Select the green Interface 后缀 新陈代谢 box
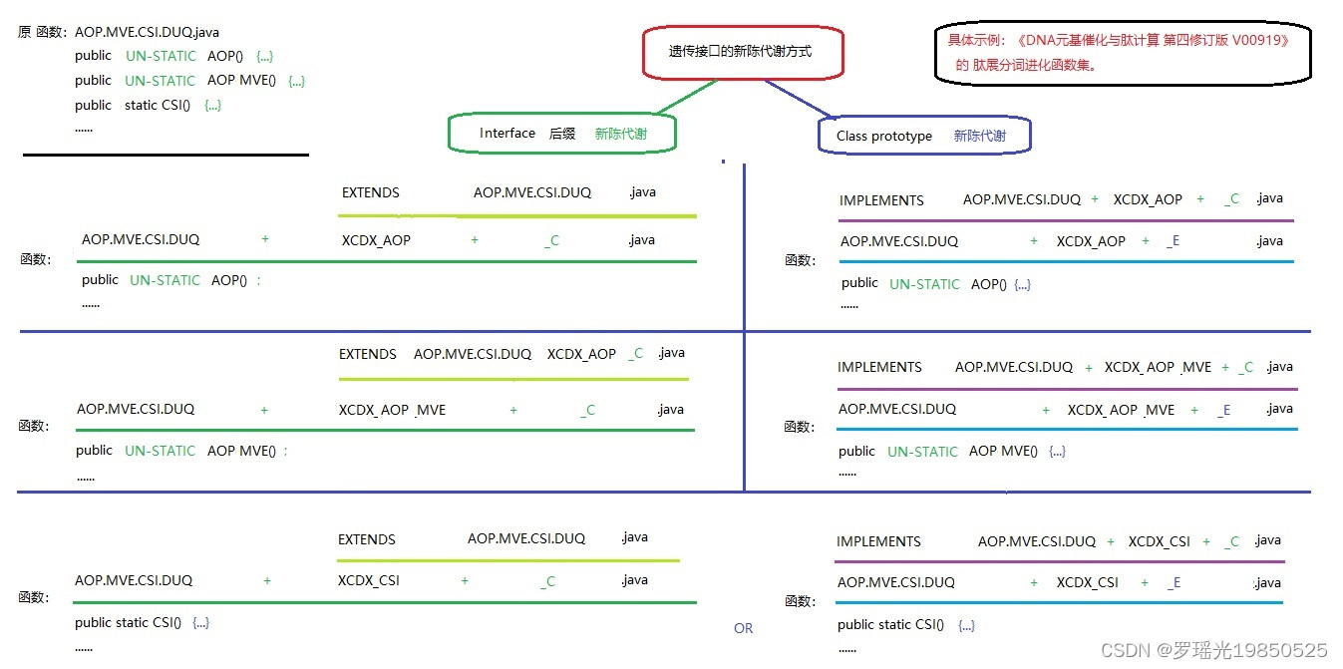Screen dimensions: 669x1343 click(x=562, y=134)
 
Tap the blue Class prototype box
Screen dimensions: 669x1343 click(x=923, y=136)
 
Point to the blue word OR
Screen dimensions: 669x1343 click(x=743, y=628)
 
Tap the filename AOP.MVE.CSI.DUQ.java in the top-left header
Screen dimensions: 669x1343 click(x=147, y=32)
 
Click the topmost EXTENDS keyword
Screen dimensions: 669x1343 click(x=370, y=192)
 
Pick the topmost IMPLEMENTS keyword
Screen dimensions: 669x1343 click(x=881, y=200)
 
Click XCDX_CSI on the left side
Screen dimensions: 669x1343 click(x=369, y=580)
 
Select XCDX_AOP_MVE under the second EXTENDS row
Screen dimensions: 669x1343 click(x=392, y=410)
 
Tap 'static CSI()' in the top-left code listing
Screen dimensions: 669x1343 click(x=157, y=105)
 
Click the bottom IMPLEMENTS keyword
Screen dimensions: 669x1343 click(x=878, y=541)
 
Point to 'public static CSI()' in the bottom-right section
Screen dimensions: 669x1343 click(x=890, y=624)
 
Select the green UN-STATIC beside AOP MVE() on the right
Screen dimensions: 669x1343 click(x=922, y=452)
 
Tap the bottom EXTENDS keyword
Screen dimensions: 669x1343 click(x=367, y=539)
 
